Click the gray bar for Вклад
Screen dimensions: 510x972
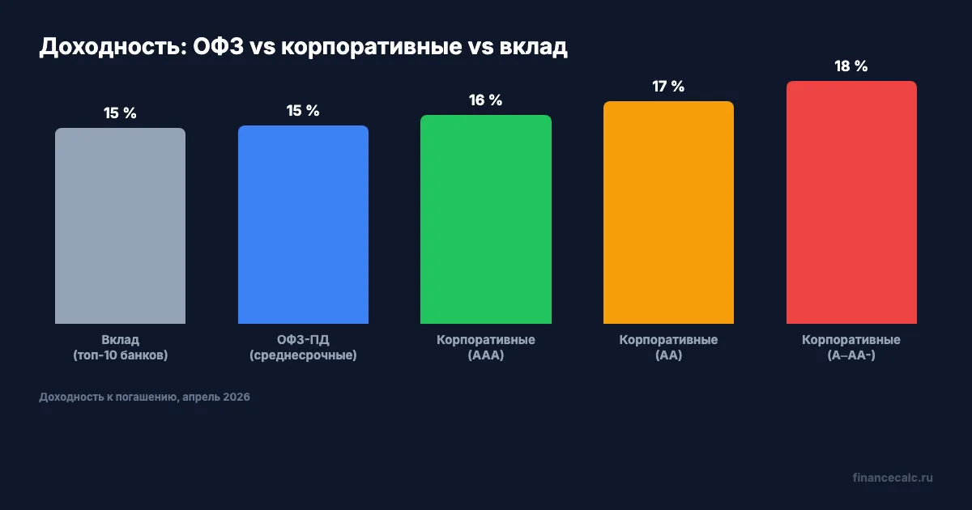[120, 226]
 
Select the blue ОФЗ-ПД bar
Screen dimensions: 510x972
[303, 224]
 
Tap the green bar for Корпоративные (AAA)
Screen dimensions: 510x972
[486, 219]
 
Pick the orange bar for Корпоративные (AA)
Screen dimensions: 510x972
[668, 212]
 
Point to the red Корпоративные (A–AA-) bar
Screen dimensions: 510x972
[851, 202]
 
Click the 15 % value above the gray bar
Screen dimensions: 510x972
[120, 113]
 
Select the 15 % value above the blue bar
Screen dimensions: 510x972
[303, 110]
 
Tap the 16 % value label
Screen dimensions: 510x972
[486, 100]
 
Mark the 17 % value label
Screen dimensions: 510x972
[668, 87]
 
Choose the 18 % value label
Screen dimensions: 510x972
[851, 66]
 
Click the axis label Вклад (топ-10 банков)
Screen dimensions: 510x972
[120, 347]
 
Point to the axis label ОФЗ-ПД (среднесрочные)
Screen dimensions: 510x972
[303, 347]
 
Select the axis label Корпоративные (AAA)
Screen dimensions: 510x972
[486, 347]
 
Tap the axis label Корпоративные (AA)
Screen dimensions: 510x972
[668, 347]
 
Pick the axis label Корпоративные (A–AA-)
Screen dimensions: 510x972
[851, 347]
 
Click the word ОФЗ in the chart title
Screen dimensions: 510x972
[218, 48]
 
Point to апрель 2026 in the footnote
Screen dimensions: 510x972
[215, 397]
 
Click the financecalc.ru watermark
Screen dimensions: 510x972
[893, 478]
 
